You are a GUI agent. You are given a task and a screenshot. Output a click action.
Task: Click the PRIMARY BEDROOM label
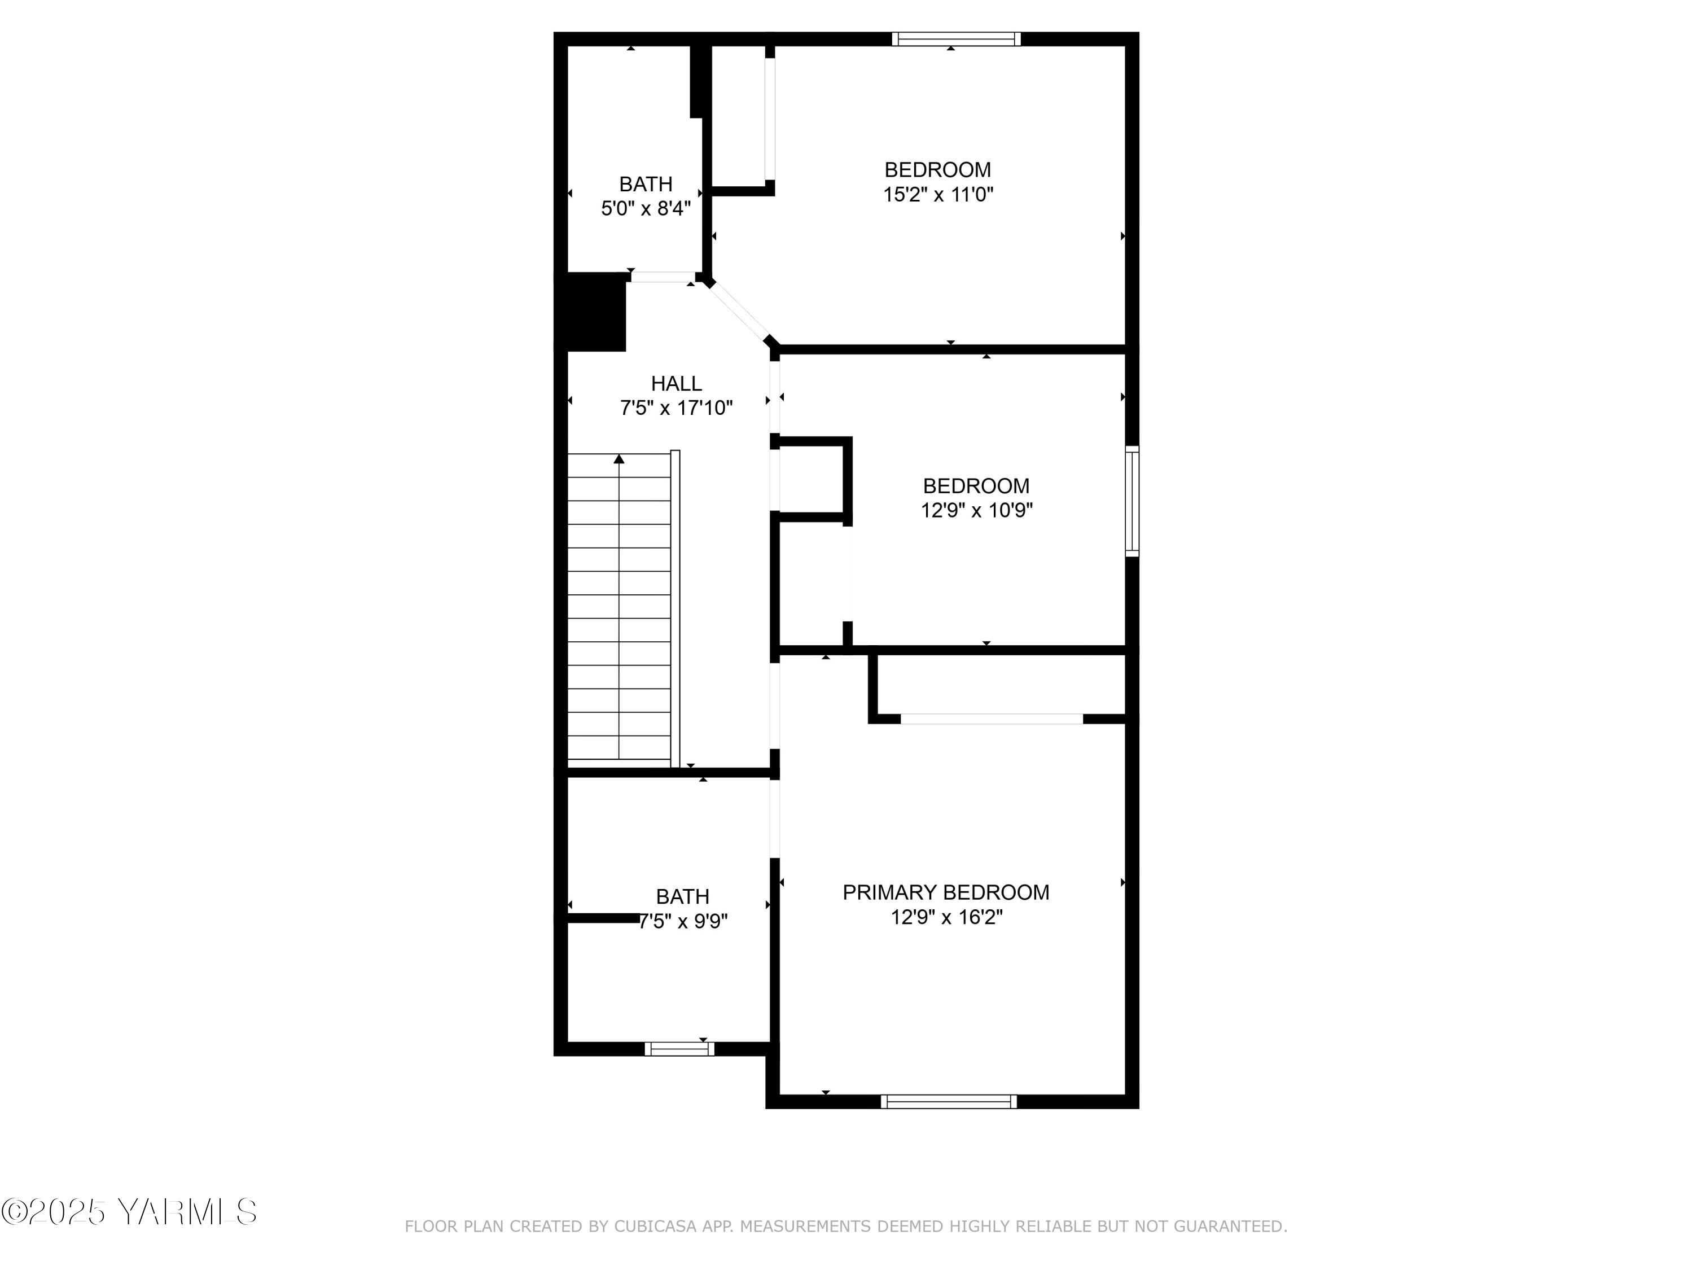pos(945,892)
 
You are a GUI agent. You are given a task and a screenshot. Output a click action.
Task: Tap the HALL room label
pos(676,383)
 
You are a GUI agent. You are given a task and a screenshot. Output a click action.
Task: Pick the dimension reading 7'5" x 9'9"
pos(683,921)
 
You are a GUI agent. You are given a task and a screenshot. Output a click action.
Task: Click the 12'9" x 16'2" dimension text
pos(946,917)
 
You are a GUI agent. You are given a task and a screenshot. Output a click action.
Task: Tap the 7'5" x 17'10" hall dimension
pos(676,408)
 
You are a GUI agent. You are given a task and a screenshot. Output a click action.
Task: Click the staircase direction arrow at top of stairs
pos(619,459)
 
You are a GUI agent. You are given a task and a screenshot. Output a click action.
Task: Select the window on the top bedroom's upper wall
pos(956,39)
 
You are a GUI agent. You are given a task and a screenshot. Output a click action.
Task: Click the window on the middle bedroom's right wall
pos(1131,501)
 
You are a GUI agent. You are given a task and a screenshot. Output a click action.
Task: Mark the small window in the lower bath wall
pos(679,1049)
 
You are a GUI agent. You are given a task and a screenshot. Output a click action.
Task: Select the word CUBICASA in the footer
pos(655,1227)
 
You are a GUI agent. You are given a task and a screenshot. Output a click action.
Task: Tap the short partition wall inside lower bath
pos(604,917)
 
